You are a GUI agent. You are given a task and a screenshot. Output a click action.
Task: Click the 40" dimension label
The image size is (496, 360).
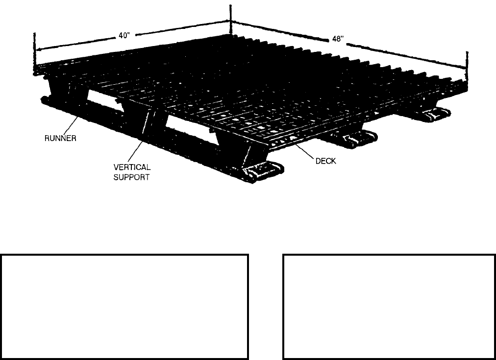pyautogui.click(x=124, y=36)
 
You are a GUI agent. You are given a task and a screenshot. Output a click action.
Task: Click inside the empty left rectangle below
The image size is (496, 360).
pyautogui.click(x=124, y=307)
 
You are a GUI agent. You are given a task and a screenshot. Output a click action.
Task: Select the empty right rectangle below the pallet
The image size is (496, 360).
pyautogui.click(x=389, y=307)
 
